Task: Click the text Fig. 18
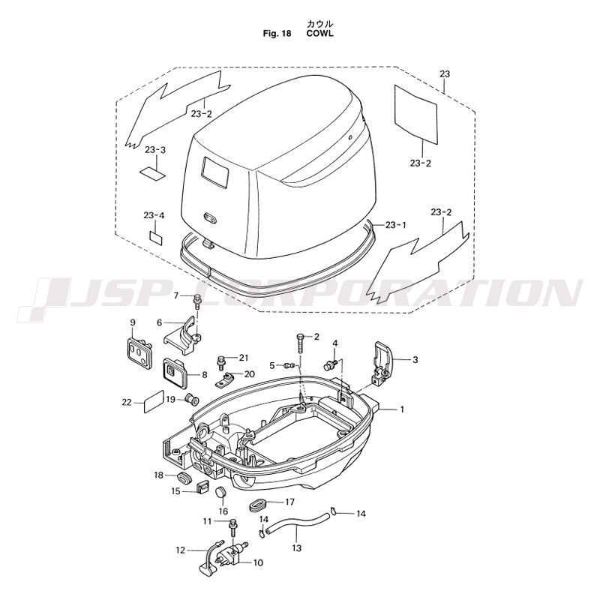[x=277, y=33]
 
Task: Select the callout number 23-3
[x=155, y=149]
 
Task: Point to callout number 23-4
[x=154, y=215]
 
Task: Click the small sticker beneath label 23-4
[x=156, y=238]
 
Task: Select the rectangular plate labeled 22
[x=153, y=402]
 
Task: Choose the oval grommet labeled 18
[x=184, y=478]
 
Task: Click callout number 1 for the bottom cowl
[x=402, y=409]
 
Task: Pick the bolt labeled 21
[x=221, y=362]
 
